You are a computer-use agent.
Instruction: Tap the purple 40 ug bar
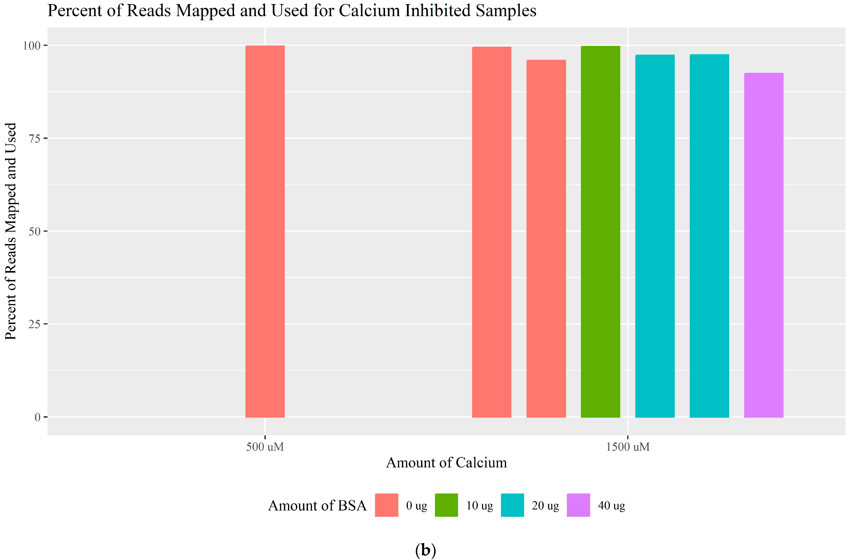[764, 245]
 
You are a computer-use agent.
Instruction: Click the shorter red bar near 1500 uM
[546, 238]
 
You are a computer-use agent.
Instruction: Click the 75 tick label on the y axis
[34, 138]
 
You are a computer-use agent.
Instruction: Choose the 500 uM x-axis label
[265, 447]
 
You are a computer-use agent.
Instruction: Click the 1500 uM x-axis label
[628, 447]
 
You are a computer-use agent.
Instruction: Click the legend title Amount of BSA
[317, 506]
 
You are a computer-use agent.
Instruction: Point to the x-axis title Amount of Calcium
[446, 463]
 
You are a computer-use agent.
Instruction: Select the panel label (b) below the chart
[426, 550]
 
